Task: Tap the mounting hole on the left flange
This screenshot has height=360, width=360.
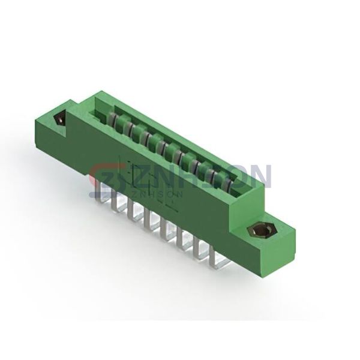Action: [x=60, y=118]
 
